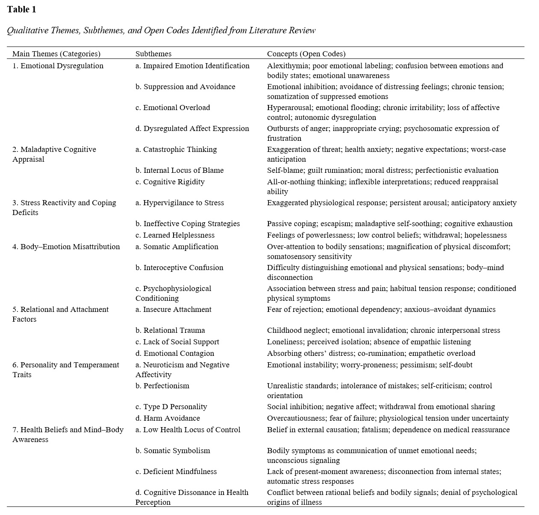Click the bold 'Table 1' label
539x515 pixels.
point(22,10)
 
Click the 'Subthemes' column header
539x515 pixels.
point(153,54)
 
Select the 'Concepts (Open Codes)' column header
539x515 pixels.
point(306,54)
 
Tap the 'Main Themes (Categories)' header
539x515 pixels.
point(56,54)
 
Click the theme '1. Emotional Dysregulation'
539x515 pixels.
point(58,66)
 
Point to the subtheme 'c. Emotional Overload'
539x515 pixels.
point(173,108)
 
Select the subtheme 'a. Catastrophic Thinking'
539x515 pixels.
point(176,149)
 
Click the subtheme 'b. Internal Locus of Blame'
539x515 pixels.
point(180,170)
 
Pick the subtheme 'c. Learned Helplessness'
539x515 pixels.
point(175,235)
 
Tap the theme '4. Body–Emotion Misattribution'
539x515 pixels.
point(66,247)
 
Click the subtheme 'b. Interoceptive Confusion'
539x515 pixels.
point(180,268)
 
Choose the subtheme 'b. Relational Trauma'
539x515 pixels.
point(170,330)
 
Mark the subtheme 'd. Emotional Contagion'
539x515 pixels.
point(175,353)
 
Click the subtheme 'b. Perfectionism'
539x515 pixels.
point(162,386)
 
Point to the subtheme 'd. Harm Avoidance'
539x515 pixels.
point(168,418)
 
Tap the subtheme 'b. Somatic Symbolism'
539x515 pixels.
point(173,451)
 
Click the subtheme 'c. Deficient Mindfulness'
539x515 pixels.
point(176,471)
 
